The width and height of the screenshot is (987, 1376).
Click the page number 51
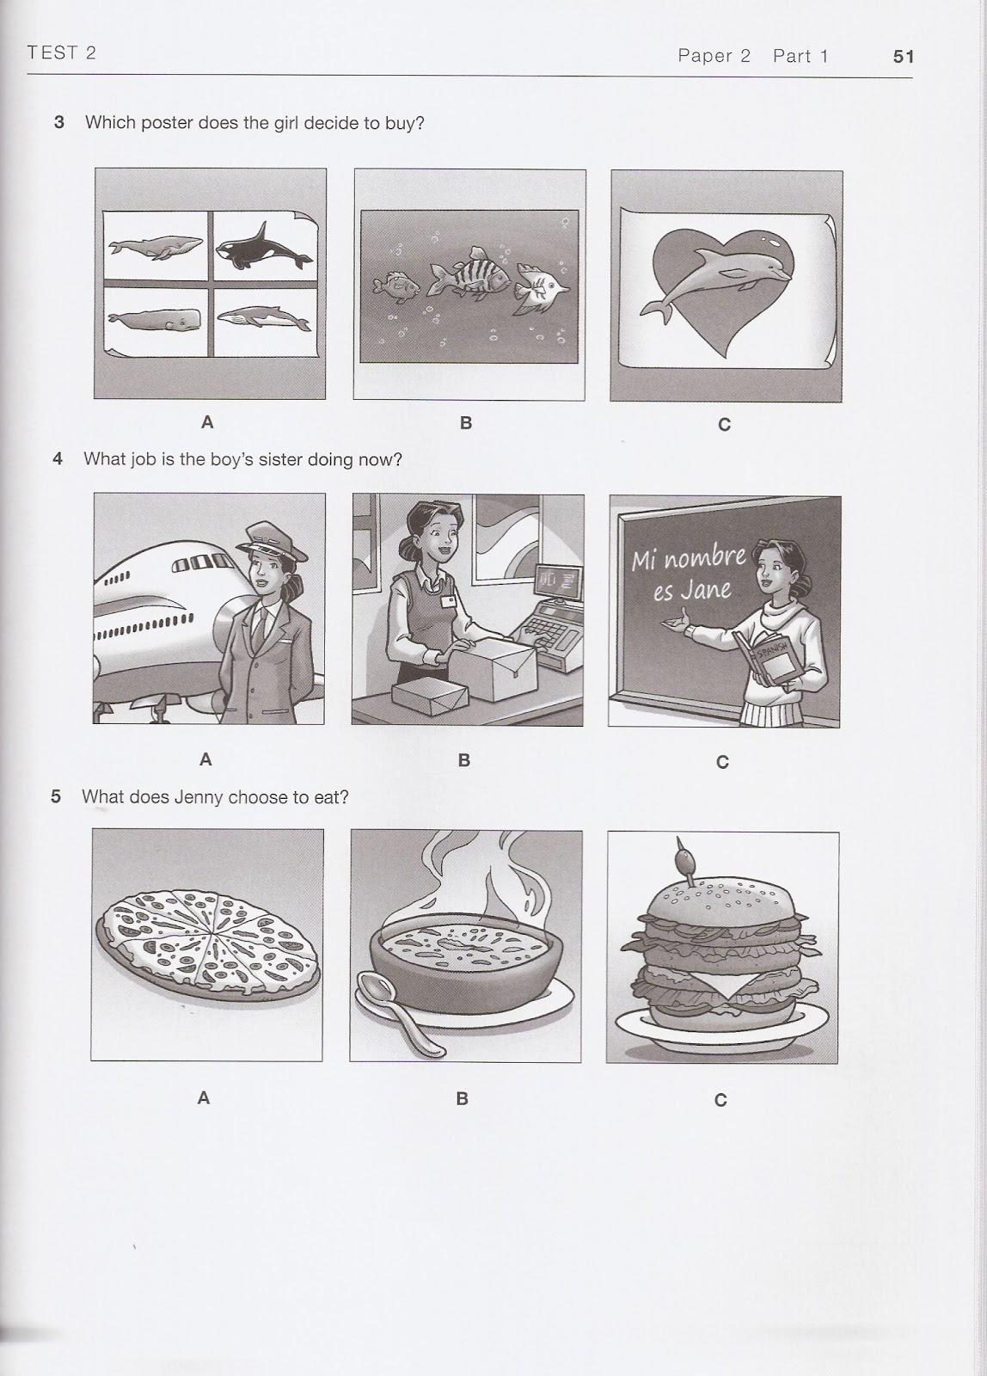click(x=903, y=57)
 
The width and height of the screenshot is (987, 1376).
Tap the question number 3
click(x=59, y=122)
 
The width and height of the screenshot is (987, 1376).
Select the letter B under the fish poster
click(x=466, y=423)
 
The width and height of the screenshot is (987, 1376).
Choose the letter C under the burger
click(x=720, y=1100)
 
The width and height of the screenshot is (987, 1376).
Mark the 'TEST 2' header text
click(x=61, y=53)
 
